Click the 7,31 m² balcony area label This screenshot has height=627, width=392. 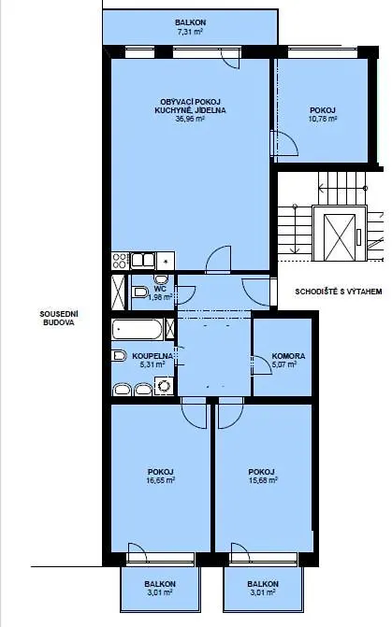(x=190, y=32)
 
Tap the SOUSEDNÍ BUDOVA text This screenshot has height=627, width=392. (x=58, y=318)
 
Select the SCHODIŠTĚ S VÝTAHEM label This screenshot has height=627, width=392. (x=339, y=292)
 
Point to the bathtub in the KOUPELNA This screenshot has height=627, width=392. (x=138, y=329)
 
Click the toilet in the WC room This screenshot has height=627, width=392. (x=139, y=292)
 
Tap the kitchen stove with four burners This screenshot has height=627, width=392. (x=120, y=261)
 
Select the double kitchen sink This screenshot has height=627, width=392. (x=143, y=261)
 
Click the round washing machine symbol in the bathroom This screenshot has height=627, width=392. (x=165, y=386)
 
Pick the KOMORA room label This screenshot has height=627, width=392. (x=288, y=355)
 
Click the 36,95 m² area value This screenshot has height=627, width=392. (x=190, y=119)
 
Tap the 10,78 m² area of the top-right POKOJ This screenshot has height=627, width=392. (x=323, y=119)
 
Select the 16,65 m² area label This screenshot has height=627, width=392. (x=161, y=480)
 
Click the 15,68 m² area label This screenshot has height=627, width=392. (x=264, y=480)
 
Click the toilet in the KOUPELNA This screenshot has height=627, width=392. (x=119, y=355)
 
